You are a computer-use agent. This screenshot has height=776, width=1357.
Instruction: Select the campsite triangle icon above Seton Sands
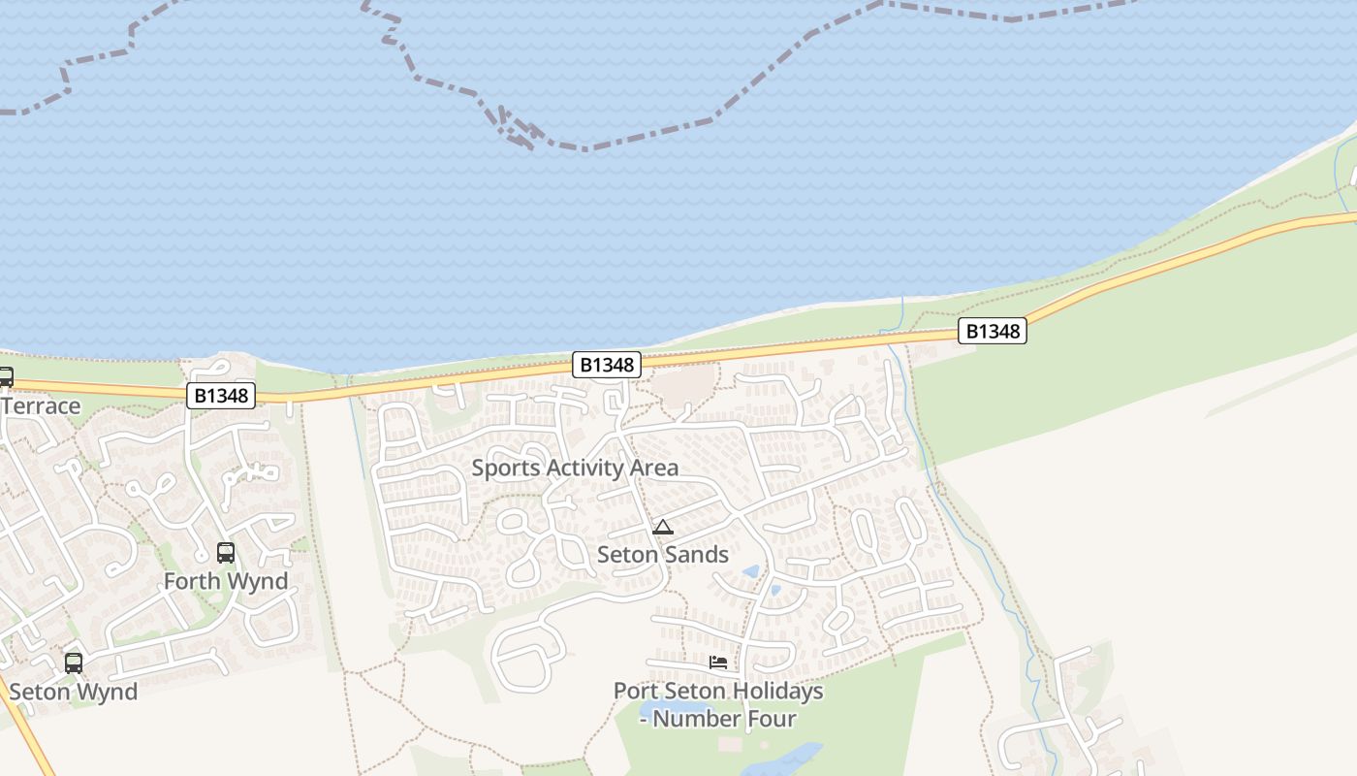[663, 528]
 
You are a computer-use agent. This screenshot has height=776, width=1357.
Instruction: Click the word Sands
[694, 555]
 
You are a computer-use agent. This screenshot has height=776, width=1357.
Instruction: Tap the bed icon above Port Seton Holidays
[718, 663]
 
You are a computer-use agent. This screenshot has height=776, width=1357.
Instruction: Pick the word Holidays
[776, 692]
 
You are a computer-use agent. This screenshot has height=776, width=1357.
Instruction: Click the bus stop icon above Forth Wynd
[226, 553]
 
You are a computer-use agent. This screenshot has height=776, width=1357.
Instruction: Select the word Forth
[193, 581]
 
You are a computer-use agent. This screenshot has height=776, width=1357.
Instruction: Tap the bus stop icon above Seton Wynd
[74, 663]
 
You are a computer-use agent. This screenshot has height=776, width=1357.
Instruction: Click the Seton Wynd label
[74, 692]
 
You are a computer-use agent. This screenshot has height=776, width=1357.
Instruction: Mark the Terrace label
[41, 405]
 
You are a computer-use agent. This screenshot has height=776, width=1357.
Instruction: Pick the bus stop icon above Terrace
[5, 377]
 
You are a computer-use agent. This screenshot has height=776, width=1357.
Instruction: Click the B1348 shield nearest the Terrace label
[221, 396]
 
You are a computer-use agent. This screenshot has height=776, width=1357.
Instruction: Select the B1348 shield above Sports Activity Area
[607, 365]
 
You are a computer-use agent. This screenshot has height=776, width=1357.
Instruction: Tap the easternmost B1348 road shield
[993, 332]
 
